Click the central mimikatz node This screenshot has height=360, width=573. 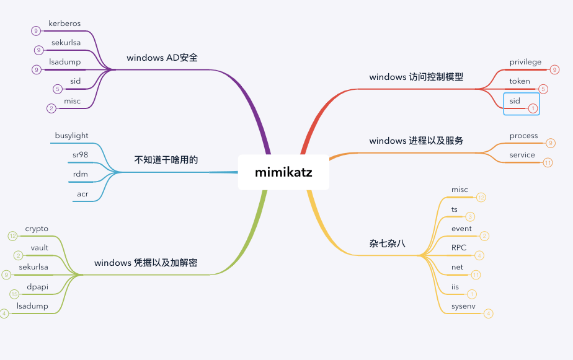point(283,172)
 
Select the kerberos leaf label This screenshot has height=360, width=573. point(64,24)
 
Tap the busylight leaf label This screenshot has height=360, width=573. point(71,136)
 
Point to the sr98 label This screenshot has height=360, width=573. point(80,155)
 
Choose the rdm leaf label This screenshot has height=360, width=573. point(81,174)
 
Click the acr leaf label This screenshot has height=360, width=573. point(82,194)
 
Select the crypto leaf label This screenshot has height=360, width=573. point(37,229)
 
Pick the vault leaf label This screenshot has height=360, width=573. point(39,248)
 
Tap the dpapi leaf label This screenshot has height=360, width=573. point(37,286)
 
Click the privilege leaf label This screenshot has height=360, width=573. point(525,62)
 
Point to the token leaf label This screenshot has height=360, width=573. point(520,81)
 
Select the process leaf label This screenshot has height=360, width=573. point(523,136)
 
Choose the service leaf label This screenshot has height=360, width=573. point(522,155)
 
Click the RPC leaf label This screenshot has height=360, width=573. point(459,248)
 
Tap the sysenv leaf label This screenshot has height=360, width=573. point(463,305)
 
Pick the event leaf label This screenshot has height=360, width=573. point(461,229)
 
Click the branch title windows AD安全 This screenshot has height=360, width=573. point(162,58)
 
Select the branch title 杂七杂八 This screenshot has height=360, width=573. point(387,244)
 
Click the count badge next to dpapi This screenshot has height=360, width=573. point(14,294)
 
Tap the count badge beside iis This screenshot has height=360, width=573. point(473,294)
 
